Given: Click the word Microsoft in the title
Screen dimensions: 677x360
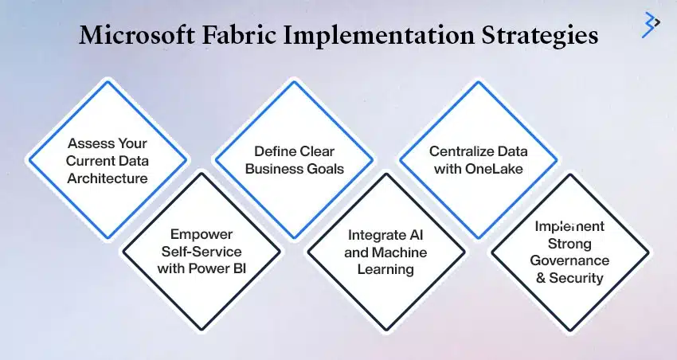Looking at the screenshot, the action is coord(137,35).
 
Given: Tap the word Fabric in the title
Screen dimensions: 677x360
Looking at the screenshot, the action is coord(239,35).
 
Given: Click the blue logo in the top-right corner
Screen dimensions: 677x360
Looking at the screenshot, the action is coord(651,25).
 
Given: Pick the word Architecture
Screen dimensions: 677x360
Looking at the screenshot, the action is coord(107,178).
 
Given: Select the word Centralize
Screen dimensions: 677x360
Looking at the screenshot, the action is coord(461,151).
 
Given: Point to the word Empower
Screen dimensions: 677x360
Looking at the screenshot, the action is coord(202,234).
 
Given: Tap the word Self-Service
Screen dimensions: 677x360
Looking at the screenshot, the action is coord(202,251).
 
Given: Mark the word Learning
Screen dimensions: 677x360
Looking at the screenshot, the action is coord(385,270).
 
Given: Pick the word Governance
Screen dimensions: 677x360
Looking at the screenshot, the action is coord(569,260).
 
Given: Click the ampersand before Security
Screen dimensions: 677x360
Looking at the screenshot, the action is coord(541,278).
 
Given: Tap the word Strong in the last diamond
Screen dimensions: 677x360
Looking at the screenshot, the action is coord(569,244).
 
